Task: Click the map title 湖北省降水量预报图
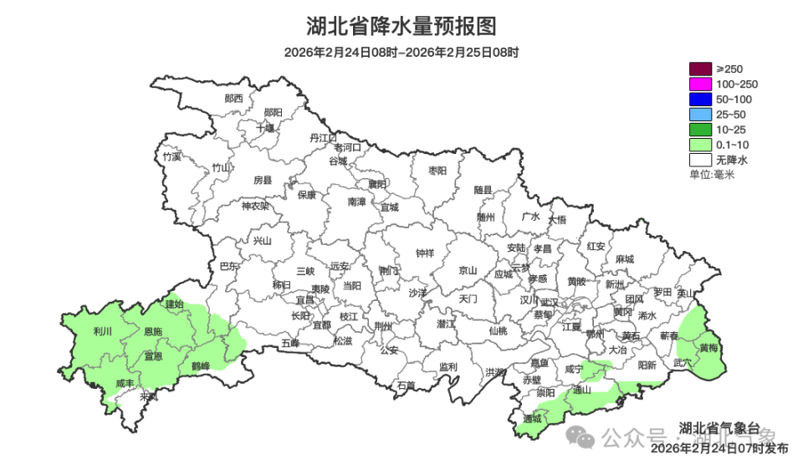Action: (x=401, y=26)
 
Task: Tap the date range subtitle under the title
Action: (x=401, y=52)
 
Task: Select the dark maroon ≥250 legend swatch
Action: (x=700, y=69)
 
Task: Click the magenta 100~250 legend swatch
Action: (x=700, y=84)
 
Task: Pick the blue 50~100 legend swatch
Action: (x=700, y=99)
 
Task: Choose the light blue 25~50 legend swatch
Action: (x=700, y=114)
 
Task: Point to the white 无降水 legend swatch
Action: (x=700, y=159)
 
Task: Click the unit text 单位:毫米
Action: (x=711, y=174)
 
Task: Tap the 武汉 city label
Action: (x=549, y=302)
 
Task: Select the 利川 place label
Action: (x=103, y=332)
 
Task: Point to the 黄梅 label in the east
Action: (x=708, y=347)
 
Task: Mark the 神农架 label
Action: (x=255, y=206)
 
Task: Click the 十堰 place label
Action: (x=266, y=129)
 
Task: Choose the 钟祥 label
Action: (x=426, y=253)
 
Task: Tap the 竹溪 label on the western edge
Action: (x=172, y=156)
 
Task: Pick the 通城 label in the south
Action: (x=531, y=418)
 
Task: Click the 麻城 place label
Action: (x=623, y=258)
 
